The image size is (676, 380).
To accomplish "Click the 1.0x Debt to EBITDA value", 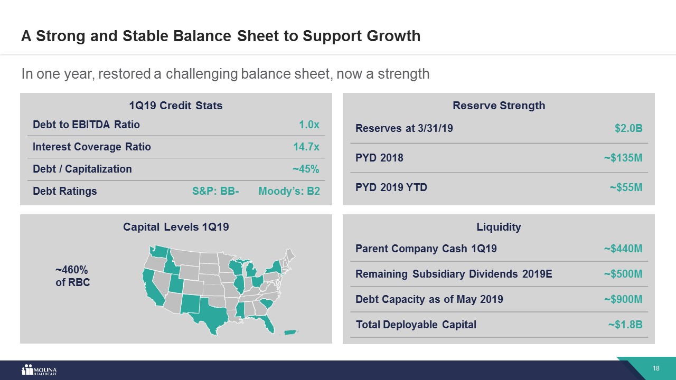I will (x=309, y=125).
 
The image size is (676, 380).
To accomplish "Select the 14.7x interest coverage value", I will (x=306, y=147).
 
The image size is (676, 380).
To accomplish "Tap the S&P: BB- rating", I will (x=215, y=191).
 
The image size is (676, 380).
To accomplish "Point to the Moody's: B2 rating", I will (x=289, y=191).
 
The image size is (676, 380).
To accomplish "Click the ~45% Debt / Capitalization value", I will (x=306, y=169).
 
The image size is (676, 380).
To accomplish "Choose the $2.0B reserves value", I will (x=628, y=128).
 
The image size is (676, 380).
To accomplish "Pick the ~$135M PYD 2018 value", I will (x=623, y=158).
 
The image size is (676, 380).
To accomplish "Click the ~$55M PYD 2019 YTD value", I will (x=626, y=187).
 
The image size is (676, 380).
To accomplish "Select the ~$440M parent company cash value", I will (x=623, y=249).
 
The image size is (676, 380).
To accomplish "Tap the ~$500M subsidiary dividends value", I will (x=623, y=274).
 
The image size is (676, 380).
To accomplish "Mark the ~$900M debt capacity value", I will (x=623, y=299).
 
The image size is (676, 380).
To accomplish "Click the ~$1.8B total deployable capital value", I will (x=625, y=325).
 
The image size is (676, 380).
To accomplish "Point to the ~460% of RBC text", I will (x=73, y=276).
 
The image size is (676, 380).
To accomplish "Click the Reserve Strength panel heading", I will (x=499, y=106).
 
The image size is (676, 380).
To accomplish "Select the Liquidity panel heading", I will (x=499, y=227).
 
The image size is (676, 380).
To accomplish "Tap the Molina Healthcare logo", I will (x=39, y=370).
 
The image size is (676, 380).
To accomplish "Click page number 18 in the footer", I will (x=656, y=368).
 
